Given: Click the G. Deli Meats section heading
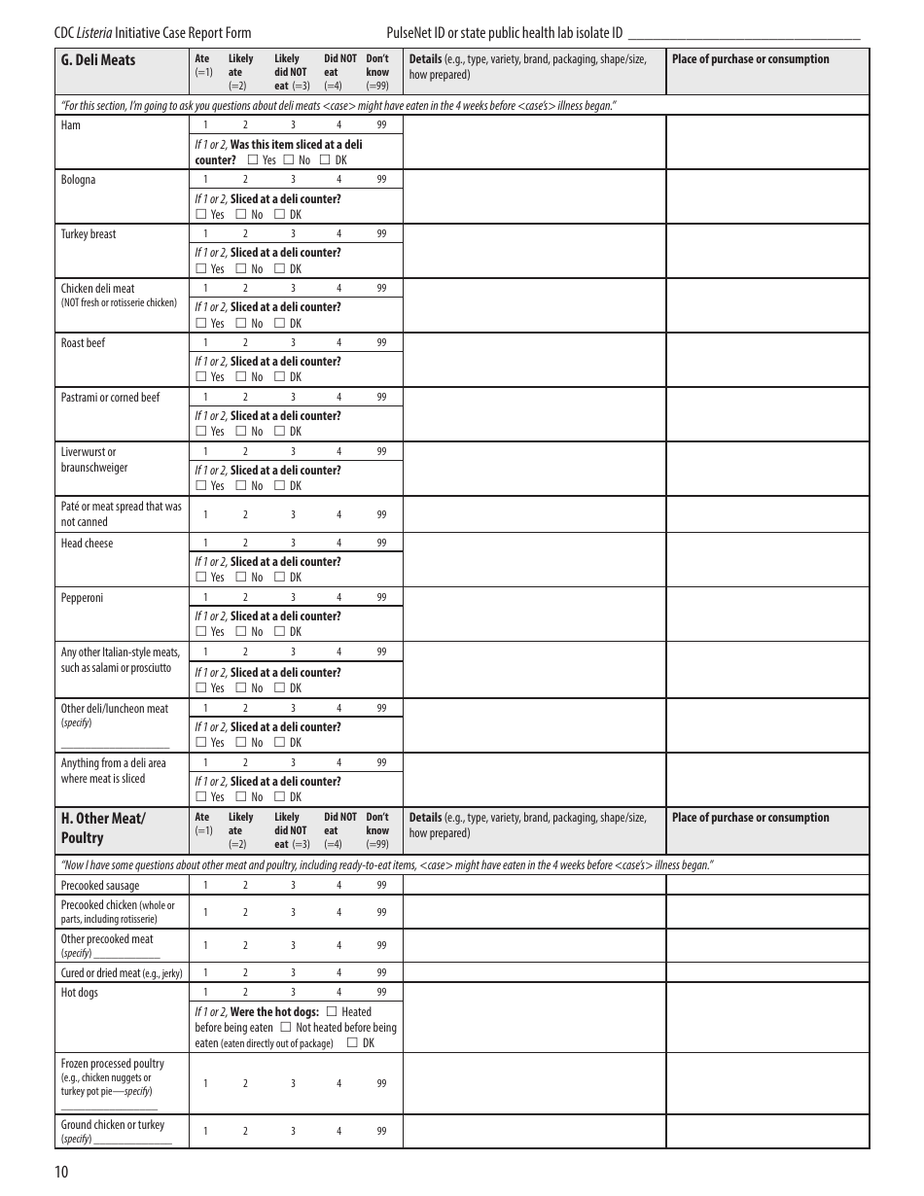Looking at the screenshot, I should pyautogui.click(x=98, y=60).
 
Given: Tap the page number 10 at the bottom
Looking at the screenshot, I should pyautogui.click(x=61, y=1172).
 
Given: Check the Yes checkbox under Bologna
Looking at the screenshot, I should pyautogui.click(x=201, y=215).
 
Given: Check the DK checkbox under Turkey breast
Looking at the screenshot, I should pyautogui.click(x=280, y=269).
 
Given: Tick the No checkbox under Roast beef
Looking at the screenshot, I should pyautogui.click(x=241, y=377).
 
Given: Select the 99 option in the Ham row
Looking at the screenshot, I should pyautogui.click(x=381, y=125).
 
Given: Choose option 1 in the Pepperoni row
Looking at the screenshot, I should pyautogui.click(x=205, y=598).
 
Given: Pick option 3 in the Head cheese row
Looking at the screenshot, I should pyautogui.click(x=293, y=544).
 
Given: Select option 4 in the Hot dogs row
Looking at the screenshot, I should pyautogui.click(x=338, y=993).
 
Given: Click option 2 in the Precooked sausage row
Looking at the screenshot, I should pyautogui.click(x=245, y=886).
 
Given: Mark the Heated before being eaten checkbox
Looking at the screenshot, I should pyautogui.click(x=332, y=1012).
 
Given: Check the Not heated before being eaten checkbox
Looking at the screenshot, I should pyautogui.click(x=286, y=1028).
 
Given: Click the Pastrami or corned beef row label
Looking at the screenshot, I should pyautogui.click(x=110, y=398).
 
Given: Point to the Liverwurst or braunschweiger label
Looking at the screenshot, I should pyautogui.click(x=93, y=460).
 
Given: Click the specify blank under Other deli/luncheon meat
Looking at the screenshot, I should pyautogui.click(x=115, y=744).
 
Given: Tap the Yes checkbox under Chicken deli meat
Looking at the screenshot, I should pyautogui.click(x=201, y=324).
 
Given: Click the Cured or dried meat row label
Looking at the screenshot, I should pyautogui.click(x=121, y=973).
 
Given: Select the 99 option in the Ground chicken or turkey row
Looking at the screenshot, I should pyautogui.click(x=381, y=1131).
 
